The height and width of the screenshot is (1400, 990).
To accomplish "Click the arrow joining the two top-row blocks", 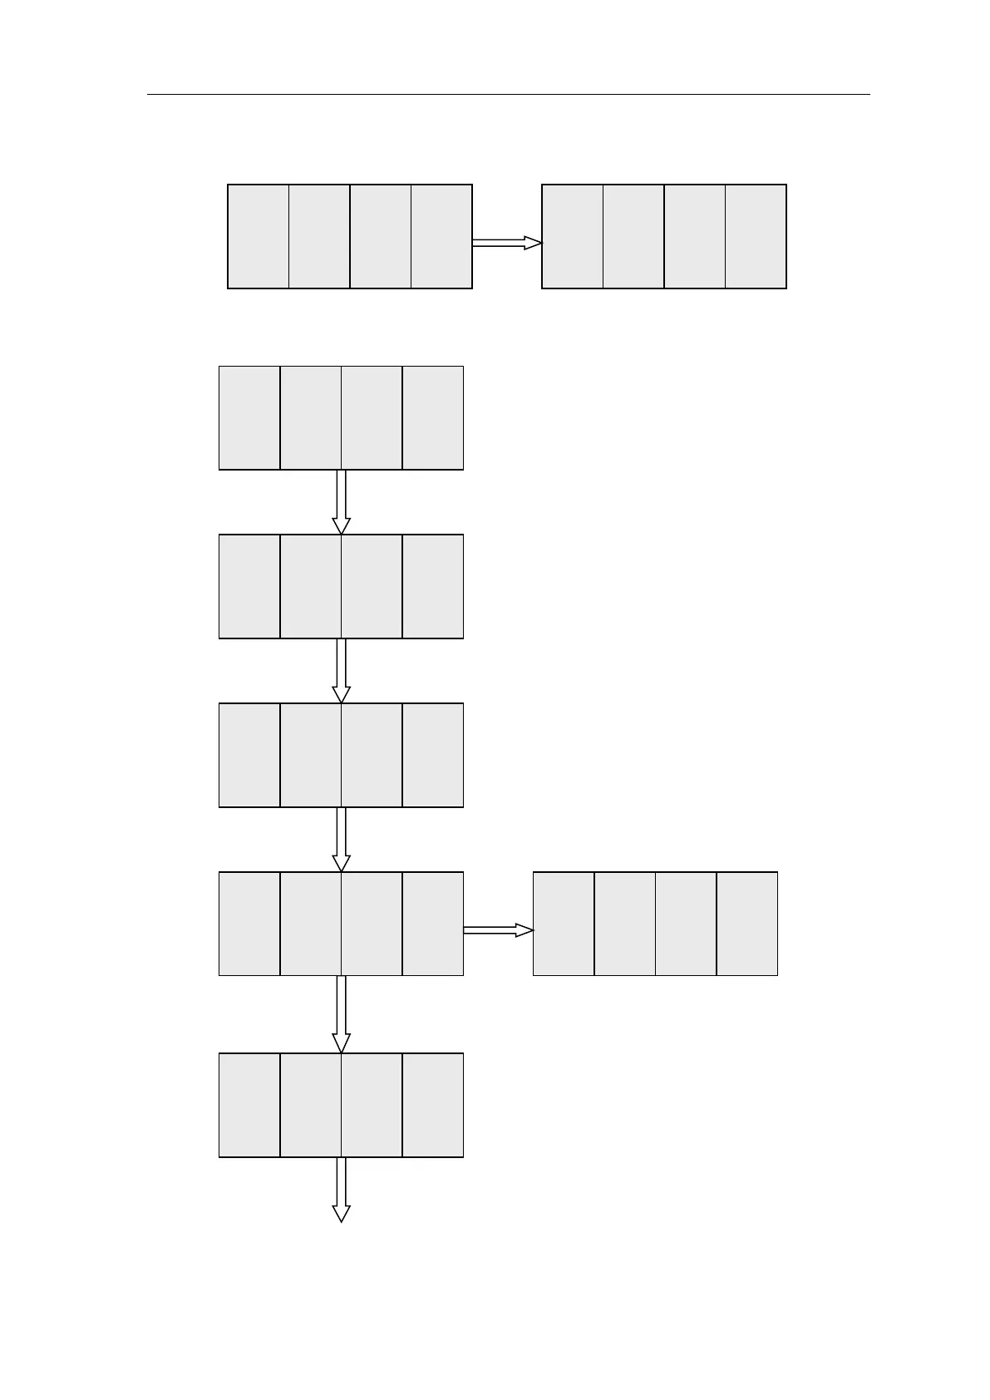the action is coord(506,243).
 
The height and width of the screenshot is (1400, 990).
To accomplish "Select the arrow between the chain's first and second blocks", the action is coord(341,502).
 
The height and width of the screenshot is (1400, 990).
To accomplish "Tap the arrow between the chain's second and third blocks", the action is coord(341,671).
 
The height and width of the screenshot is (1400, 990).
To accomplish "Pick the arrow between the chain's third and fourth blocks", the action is coord(341,840).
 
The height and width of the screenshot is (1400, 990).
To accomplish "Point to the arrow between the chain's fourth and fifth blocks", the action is coord(341,1014).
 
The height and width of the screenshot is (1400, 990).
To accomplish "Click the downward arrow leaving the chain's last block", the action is coord(341,1190).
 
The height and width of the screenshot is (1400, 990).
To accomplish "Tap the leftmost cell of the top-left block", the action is coord(259,237).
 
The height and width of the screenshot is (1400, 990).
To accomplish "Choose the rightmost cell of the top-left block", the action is coord(441,237).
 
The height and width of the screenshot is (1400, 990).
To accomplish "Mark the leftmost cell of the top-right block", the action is coord(573,237).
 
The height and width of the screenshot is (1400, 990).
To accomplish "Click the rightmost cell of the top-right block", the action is coord(756,237).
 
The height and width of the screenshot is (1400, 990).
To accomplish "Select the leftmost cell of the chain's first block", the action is coord(249,418).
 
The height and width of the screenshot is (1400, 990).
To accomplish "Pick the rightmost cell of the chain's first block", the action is coord(432,418).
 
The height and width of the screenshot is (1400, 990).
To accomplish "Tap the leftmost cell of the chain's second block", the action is coord(249,587).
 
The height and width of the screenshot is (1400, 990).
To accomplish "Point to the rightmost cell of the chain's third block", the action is coord(432,756).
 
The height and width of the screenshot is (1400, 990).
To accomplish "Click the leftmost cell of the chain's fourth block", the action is coord(249,924).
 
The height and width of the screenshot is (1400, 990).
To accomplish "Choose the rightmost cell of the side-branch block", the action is coord(746,924).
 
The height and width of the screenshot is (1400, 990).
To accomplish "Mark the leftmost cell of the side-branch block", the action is coord(564,924).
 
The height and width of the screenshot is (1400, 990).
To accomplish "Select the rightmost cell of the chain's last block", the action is coord(432,1105).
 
